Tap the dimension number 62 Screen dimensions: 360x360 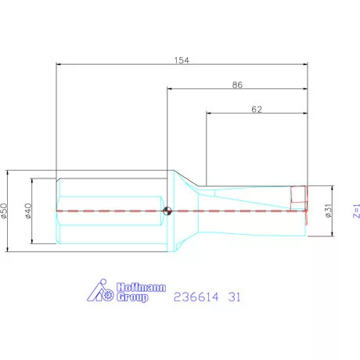(x=257, y=110)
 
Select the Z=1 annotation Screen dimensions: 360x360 (x=356, y=210)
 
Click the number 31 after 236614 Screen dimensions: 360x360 (x=234, y=297)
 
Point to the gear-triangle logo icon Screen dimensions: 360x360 (x=99, y=292)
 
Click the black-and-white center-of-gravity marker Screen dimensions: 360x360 (x=167, y=210)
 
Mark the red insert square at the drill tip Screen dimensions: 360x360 (x=299, y=195)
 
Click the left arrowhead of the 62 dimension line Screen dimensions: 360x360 (x=208, y=115)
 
